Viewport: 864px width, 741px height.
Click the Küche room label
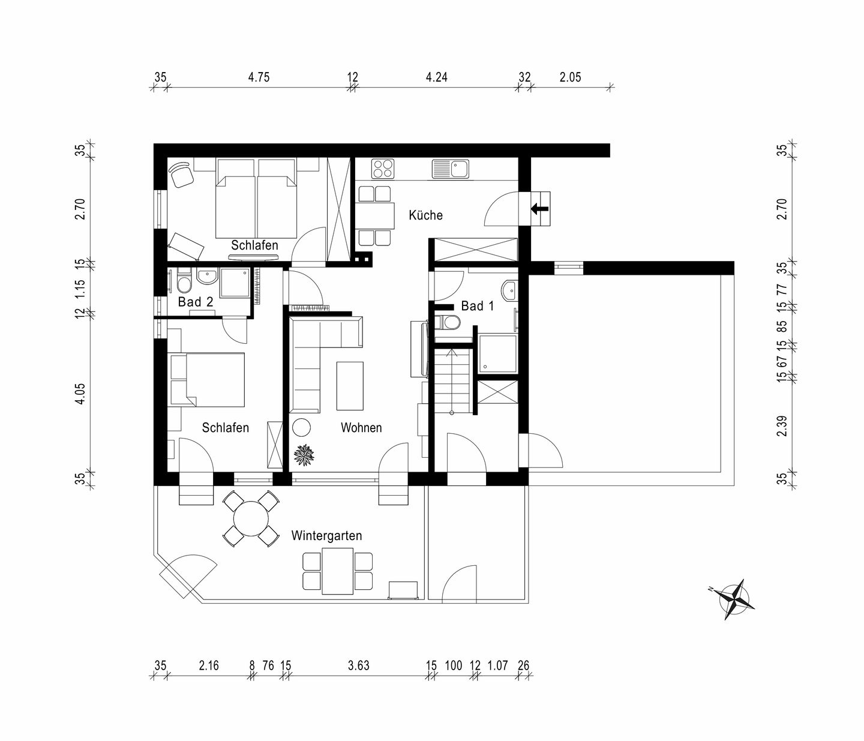click(x=425, y=215)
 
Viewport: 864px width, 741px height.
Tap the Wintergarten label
click(x=326, y=536)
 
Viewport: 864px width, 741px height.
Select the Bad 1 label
click(x=478, y=306)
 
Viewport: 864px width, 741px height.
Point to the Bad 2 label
click(x=195, y=302)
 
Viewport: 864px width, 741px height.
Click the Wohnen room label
click(x=361, y=428)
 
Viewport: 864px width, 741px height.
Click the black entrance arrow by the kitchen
click(x=539, y=208)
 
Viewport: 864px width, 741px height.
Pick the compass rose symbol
click(x=734, y=599)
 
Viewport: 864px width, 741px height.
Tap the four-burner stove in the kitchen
click(x=382, y=169)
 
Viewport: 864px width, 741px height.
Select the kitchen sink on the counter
click(x=451, y=169)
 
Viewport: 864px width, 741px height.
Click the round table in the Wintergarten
click(x=250, y=518)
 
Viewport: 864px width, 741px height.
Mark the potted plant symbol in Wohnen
click(x=304, y=455)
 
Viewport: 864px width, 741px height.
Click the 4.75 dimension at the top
click(x=259, y=77)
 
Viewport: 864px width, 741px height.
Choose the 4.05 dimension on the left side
click(x=80, y=393)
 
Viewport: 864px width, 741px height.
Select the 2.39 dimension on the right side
click(x=782, y=426)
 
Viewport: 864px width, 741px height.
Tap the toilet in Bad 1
click(x=447, y=322)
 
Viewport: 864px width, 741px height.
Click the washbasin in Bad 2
click(x=207, y=276)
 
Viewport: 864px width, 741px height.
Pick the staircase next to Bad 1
click(x=452, y=381)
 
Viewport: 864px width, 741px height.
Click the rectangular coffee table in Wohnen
click(x=350, y=386)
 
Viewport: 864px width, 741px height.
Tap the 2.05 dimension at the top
click(x=570, y=77)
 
